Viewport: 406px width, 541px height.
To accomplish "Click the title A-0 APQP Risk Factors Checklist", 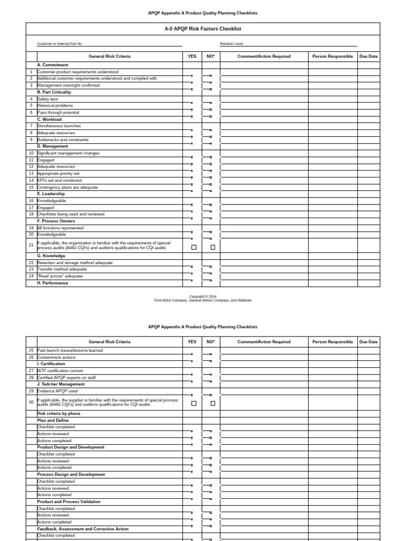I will (203, 29).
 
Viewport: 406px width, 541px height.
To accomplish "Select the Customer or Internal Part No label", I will (59, 44).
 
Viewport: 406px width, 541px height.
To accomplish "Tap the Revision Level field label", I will (232, 44).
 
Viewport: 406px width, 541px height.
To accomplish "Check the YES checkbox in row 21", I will (193, 247).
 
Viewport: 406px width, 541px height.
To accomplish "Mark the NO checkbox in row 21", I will (213, 247).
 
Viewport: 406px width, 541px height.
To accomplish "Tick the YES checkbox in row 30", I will (193, 403).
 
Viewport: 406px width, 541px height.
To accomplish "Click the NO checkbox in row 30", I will (213, 403).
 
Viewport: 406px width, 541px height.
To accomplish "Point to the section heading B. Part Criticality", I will (54, 92).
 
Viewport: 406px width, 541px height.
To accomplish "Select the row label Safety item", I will (48, 99).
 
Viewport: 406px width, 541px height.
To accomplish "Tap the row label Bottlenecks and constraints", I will (63, 140).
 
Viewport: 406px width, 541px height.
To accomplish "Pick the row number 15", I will (31, 187).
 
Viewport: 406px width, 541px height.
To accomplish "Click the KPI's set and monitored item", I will (60, 180).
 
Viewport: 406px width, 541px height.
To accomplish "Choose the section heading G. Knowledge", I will (51, 256).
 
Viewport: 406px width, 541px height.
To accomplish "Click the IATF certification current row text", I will (60, 371).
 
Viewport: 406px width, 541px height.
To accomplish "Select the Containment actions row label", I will (57, 357).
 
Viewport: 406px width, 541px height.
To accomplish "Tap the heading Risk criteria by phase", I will (59, 413).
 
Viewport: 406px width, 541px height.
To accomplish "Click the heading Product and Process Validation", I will (69, 501).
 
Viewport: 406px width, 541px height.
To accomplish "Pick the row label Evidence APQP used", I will (57, 391).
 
